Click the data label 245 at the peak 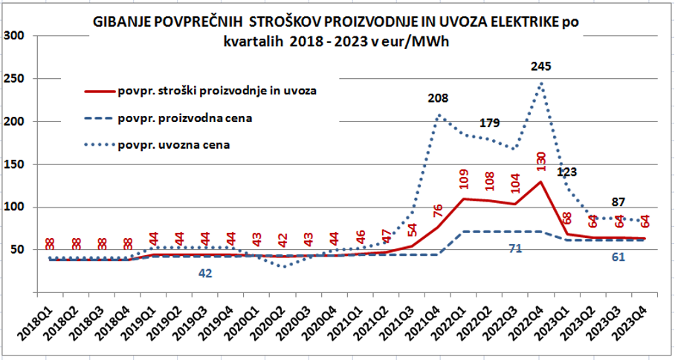point(541,67)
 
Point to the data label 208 point(439,99)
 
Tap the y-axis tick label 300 point(15,36)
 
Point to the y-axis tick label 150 point(15,164)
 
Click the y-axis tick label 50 point(18,250)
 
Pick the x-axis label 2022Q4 point(533,328)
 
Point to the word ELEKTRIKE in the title point(516,23)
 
